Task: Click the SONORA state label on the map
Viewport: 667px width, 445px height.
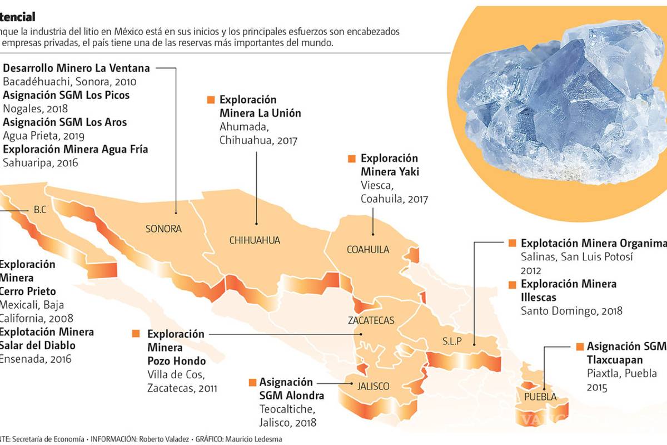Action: coord(163,229)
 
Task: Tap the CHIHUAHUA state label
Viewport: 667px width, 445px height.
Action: coord(255,240)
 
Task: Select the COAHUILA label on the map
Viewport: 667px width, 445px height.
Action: coord(367,249)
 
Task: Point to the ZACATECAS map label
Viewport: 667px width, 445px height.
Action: coord(371,320)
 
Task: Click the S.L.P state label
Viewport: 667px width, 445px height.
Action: coord(452,341)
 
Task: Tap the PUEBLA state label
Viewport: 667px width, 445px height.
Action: coord(540,397)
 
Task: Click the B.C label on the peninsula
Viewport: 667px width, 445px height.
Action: coord(39,210)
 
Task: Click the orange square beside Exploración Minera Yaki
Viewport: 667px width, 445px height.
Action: coord(351,159)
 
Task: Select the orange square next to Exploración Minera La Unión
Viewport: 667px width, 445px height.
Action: coord(210,100)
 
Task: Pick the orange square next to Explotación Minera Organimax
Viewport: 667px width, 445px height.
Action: coord(512,244)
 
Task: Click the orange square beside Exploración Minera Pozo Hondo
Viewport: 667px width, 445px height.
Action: coord(136,334)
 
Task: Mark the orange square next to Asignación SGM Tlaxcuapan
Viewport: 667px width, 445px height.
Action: coord(580,347)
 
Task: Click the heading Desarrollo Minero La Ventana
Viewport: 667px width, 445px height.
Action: coord(76,68)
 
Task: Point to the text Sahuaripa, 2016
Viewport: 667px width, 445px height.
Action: coord(41,163)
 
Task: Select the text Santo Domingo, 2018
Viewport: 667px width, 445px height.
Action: coord(571,311)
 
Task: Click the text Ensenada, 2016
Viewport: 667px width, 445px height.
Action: coord(36,359)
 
